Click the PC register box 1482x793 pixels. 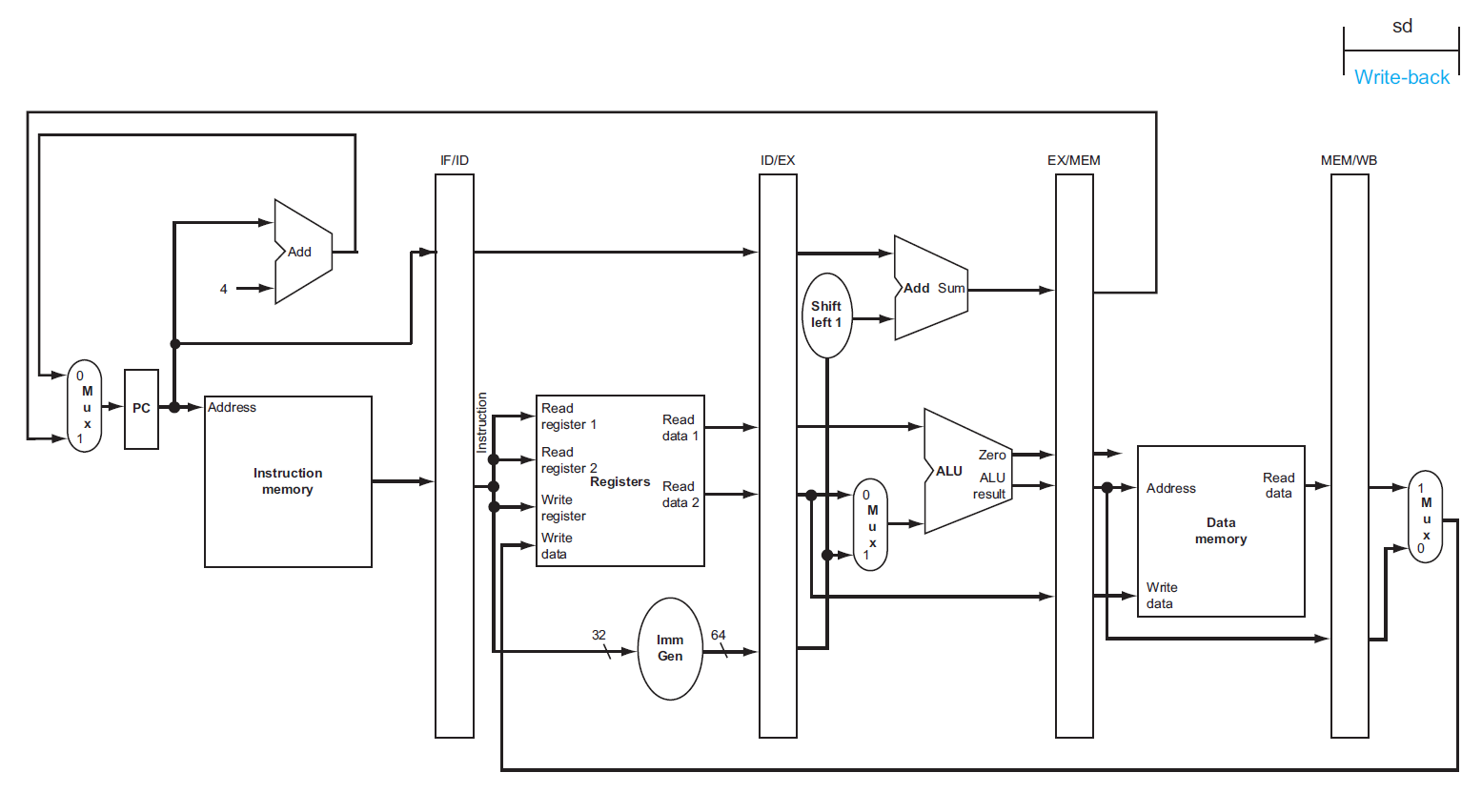point(141,409)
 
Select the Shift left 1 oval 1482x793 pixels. point(826,315)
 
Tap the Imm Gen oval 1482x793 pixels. point(670,649)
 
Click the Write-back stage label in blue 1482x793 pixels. point(1401,77)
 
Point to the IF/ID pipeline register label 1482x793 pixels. point(455,160)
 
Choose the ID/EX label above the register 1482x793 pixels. point(778,160)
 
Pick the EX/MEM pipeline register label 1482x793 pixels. point(1074,160)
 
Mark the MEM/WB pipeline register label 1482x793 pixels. point(1349,160)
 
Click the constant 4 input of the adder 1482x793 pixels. point(224,289)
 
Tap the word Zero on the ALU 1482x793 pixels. point(992,456)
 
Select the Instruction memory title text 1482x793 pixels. point(288,481)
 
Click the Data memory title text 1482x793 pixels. point(1221,531)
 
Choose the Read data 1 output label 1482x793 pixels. point(680,428)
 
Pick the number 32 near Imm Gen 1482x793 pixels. point(599,635)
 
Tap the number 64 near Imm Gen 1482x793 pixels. point(718,635)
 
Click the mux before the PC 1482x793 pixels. point(85,406)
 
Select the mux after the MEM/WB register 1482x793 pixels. point(1425,517)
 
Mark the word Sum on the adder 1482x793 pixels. point(951,288)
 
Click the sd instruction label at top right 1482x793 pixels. point(1402,27)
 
